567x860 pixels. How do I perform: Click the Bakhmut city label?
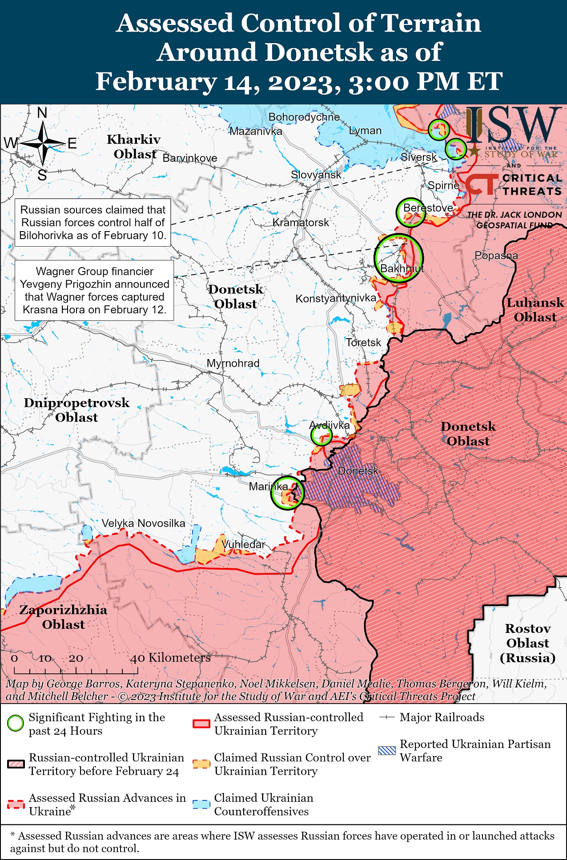pos(402,268)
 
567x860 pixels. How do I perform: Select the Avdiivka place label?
pos(329,425)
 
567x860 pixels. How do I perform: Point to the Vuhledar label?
pos(243,544)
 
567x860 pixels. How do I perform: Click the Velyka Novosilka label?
pos(143,523)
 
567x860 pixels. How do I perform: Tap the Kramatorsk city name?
pos(301,222)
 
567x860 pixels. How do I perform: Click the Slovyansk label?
pos(316,175)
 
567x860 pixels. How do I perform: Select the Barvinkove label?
pos(190,158)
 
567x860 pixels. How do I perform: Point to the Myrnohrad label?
pos(233,363)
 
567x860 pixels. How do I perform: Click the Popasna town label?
pos(496,256)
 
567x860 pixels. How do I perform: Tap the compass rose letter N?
pos(42,113)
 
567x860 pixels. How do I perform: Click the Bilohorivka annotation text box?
pos(93,223)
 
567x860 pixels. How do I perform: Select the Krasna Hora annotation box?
pos(94,290)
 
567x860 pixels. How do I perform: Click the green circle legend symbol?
pos(16,724)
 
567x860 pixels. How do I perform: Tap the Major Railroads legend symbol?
pos(387,717)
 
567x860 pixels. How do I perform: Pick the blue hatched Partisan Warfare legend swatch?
pos(386,751)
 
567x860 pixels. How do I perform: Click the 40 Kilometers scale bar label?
pos(170,658)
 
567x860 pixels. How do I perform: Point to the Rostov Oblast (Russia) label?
pos(527,643)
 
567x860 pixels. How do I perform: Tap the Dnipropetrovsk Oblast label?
pos(76,410)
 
